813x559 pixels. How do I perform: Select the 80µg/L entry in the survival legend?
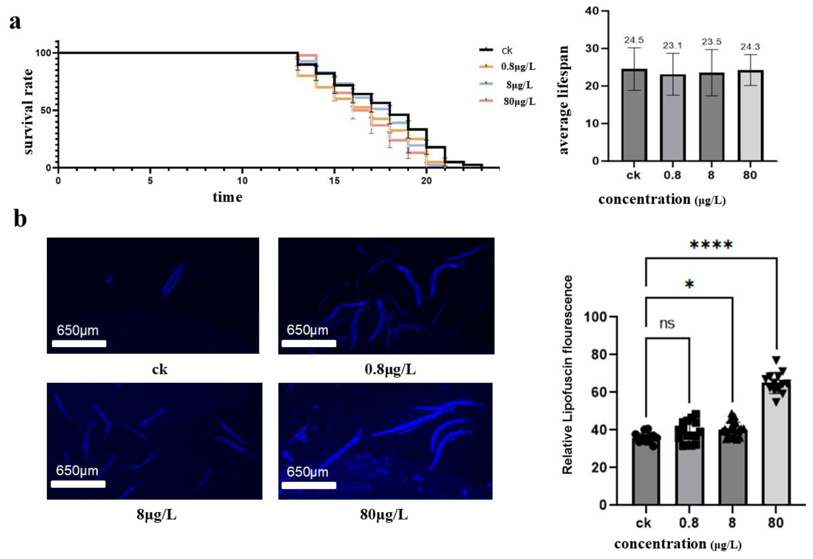[x=519, y=102]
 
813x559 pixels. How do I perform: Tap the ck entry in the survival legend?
[x=507, y=51]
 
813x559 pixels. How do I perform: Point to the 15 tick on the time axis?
[x=334, y=181]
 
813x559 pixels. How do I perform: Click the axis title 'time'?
[x=227, y=197]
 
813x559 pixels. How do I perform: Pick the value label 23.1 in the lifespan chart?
[x=672, y=46]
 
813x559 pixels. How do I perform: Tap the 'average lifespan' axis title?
[x=564, y=100]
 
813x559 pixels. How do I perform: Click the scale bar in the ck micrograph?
[x=79, y=343]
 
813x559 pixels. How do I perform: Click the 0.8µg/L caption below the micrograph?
[x=390, y=370]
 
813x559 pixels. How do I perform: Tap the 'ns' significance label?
[x=667, y=324]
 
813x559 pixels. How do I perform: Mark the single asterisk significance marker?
[x=689, y=284]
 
